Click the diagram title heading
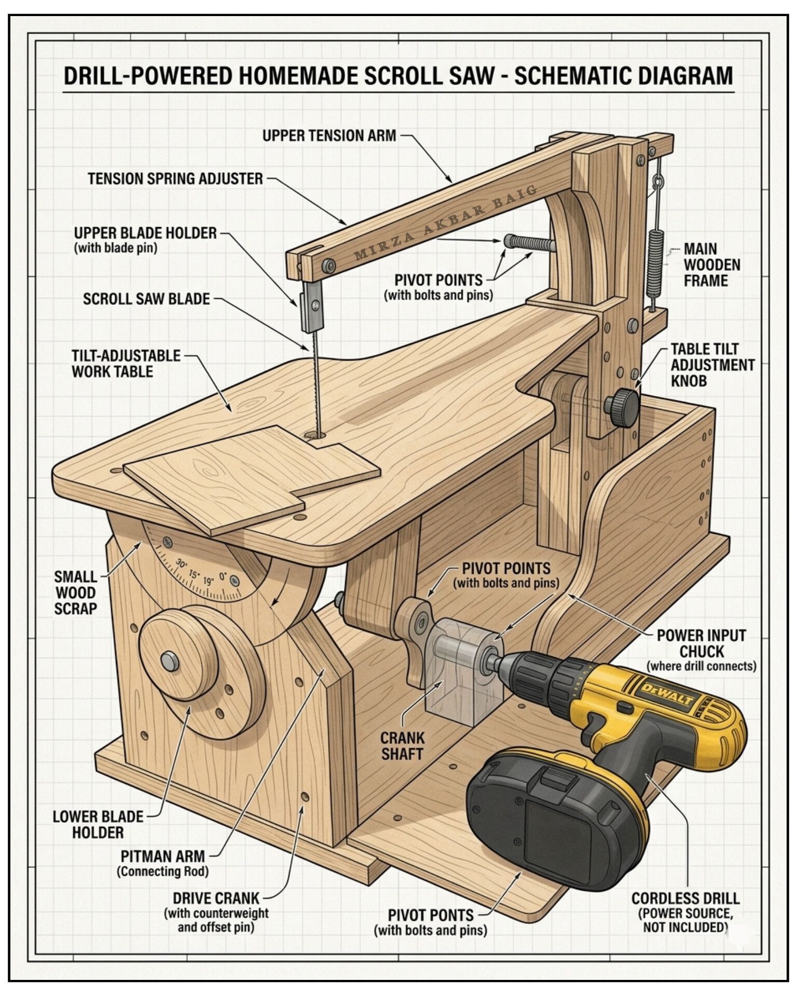[398, 76]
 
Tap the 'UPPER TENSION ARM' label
[329, 136]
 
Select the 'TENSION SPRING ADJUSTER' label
[175, 179]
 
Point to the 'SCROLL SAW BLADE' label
[146, 299]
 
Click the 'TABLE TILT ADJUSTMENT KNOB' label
[712, 365]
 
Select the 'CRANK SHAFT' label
[402, 745]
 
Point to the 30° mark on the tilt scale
[181, 563]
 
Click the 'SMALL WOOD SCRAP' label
[76, 593]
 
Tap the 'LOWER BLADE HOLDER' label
[98, 824]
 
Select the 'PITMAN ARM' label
[162, 856]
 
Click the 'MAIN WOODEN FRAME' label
[711, 265]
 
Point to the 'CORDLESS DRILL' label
[685, 898]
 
